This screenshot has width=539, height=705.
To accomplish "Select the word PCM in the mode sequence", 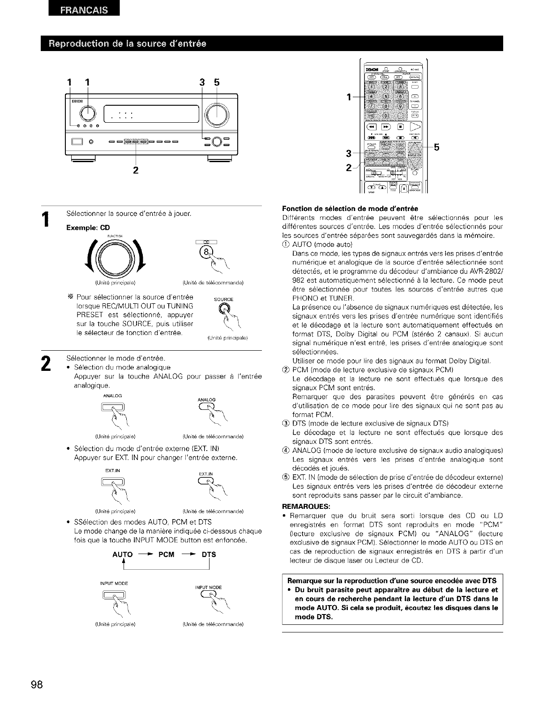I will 166,555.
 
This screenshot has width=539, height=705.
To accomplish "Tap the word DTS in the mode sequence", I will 209,555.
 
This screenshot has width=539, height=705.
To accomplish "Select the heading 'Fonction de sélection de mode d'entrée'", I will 350,208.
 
